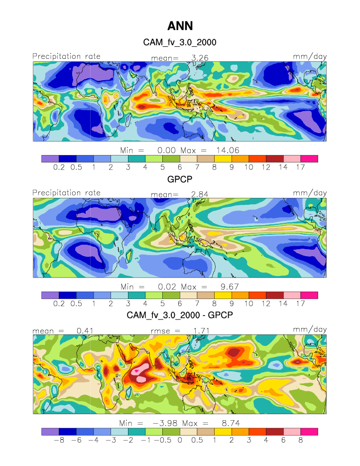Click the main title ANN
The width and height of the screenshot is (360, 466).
tap(180, 25)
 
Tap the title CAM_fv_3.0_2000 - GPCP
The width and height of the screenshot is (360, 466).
tap(180, 315)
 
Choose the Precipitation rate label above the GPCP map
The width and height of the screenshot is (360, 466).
tap(66, 193)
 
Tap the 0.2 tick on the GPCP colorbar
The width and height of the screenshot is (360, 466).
tap(59, 304)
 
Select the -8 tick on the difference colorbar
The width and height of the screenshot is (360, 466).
tap(59, 441)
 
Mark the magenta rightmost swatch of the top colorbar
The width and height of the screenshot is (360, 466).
tap(309, 158)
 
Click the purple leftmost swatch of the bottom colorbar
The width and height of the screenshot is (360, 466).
tap(50, 431)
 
